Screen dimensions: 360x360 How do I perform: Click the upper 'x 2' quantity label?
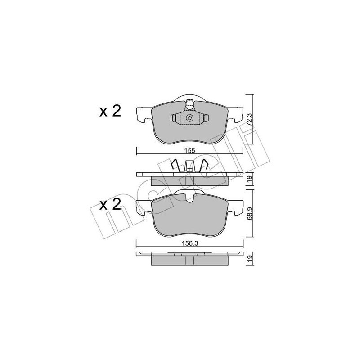pos(110,112)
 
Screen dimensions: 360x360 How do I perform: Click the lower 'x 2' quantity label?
pos(110,205)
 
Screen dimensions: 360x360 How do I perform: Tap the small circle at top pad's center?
pos(190,118)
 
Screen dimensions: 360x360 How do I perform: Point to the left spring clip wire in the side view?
pos(177,165)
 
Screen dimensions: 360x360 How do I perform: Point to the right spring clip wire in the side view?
pos(203,165)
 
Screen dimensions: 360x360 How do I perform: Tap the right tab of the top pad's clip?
pos(206,118)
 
